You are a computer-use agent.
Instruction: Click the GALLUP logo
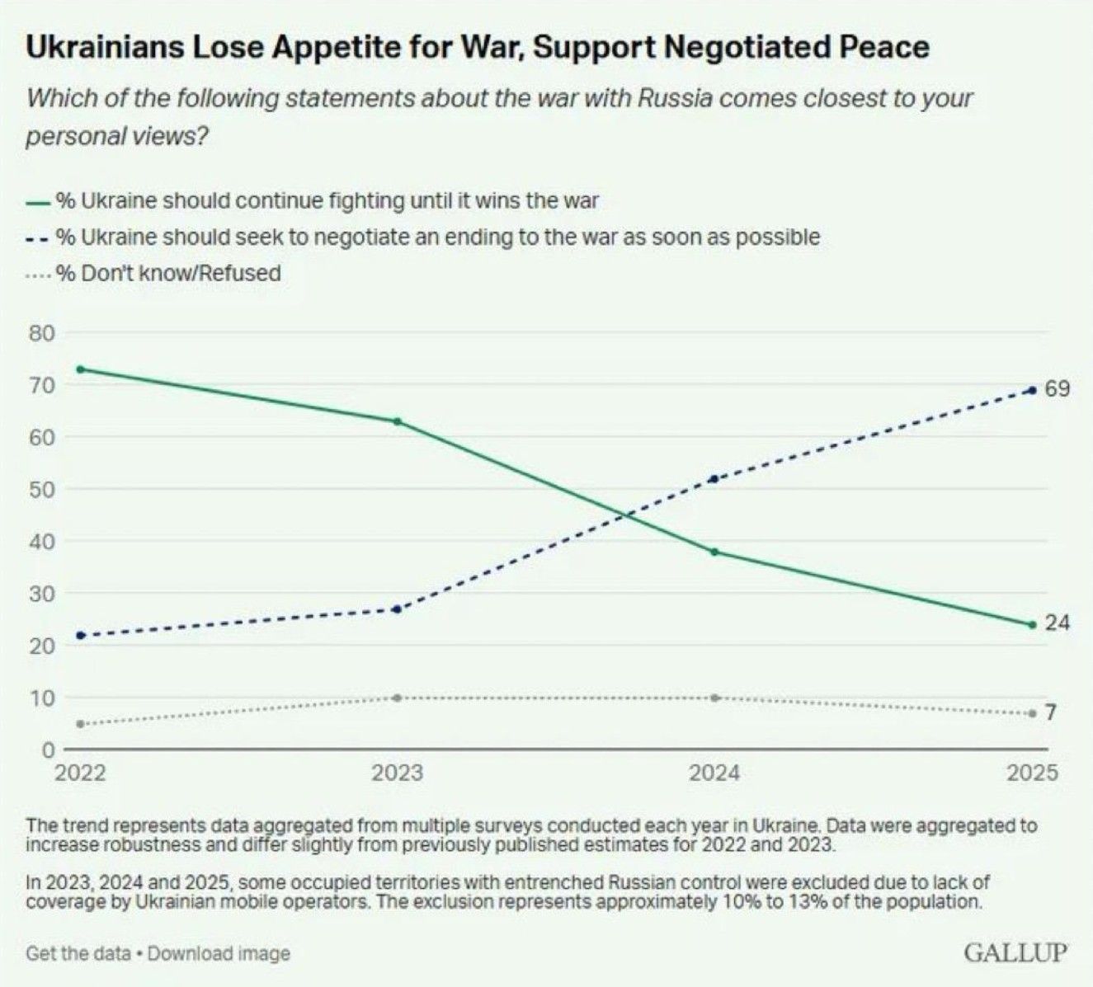coord(1015,952)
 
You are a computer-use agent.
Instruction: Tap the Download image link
coord(219,953)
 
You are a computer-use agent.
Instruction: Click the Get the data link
coord(78,953)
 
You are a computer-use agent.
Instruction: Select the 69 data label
coord(1057,388)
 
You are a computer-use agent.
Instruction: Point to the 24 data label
coord(1057,623)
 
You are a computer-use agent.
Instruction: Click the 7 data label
coord(1050,712)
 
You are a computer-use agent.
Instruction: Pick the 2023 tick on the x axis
coord(398,773)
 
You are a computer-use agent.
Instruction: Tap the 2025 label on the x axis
coord(1032,773)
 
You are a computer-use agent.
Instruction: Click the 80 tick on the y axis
coord(43,333)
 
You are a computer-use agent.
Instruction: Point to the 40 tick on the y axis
coord(43,542)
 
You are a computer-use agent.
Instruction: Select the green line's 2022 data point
coord(80,369)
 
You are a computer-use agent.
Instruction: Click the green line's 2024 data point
coord(714,552)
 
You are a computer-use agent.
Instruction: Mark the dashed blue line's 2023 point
coord(398,609)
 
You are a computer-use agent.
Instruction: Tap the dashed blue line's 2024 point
coord(714,479)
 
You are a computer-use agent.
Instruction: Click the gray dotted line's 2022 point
coord(80,724)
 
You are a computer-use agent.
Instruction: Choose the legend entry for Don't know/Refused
coord(168,273)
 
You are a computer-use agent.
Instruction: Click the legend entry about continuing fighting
coord(327,200)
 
